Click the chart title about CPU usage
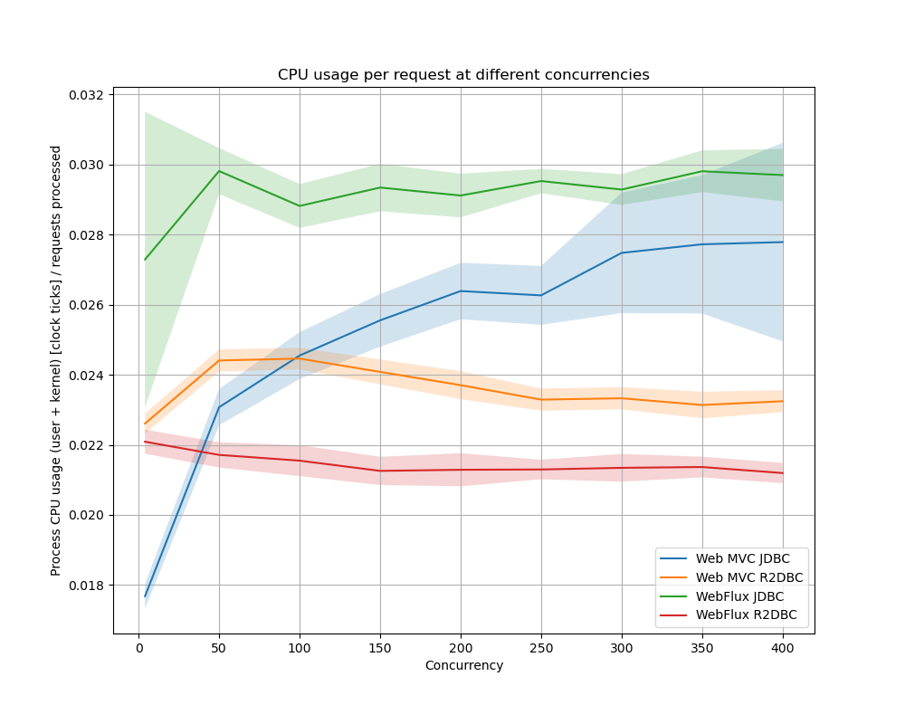click(463, 75)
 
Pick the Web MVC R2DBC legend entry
click(748, 577)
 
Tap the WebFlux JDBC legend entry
click(739, 596)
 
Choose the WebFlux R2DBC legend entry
click(746, 615)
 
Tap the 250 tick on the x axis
click(541, 648)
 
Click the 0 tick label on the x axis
click(138, 648)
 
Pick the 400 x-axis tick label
click(783, 648)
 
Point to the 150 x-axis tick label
click(380, 648)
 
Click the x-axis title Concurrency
click(463, 666)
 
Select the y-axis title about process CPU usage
click(56, 360)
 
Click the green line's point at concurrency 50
click(219, 171)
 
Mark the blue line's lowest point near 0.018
click(145, 596)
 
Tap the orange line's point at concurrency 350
click(702, 405)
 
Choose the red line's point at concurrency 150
click(380, 471)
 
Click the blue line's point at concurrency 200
click(461, 291)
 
